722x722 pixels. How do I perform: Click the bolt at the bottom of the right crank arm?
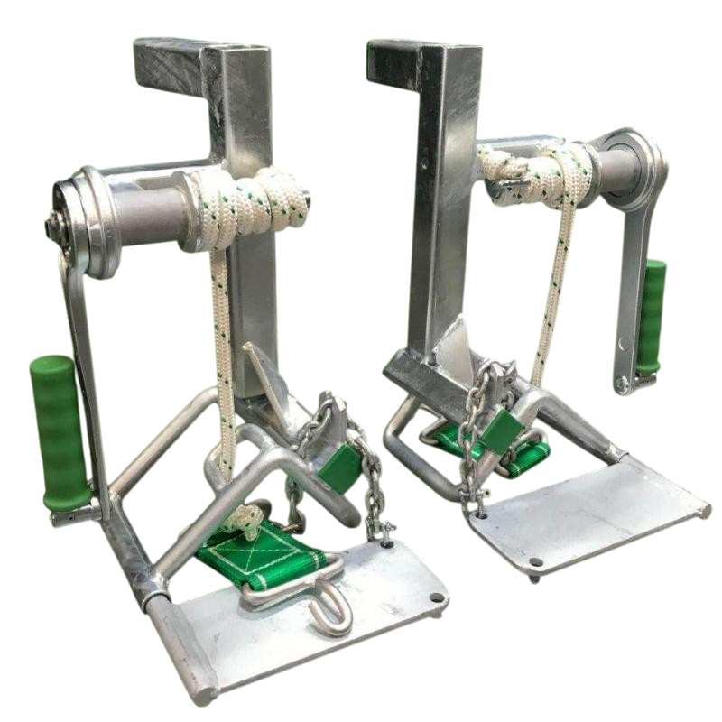click(623, 386)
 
